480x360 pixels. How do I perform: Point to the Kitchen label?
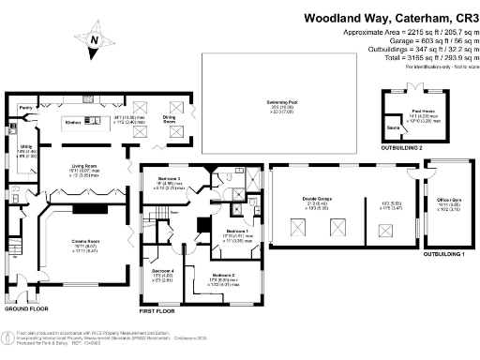click(x=73, y=123)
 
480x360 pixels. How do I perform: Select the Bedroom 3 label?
click(x=169, y=178)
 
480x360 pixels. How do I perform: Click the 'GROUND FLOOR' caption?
click(x=25, y=307)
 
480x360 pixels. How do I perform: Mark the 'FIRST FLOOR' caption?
click(x=157, y=309)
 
